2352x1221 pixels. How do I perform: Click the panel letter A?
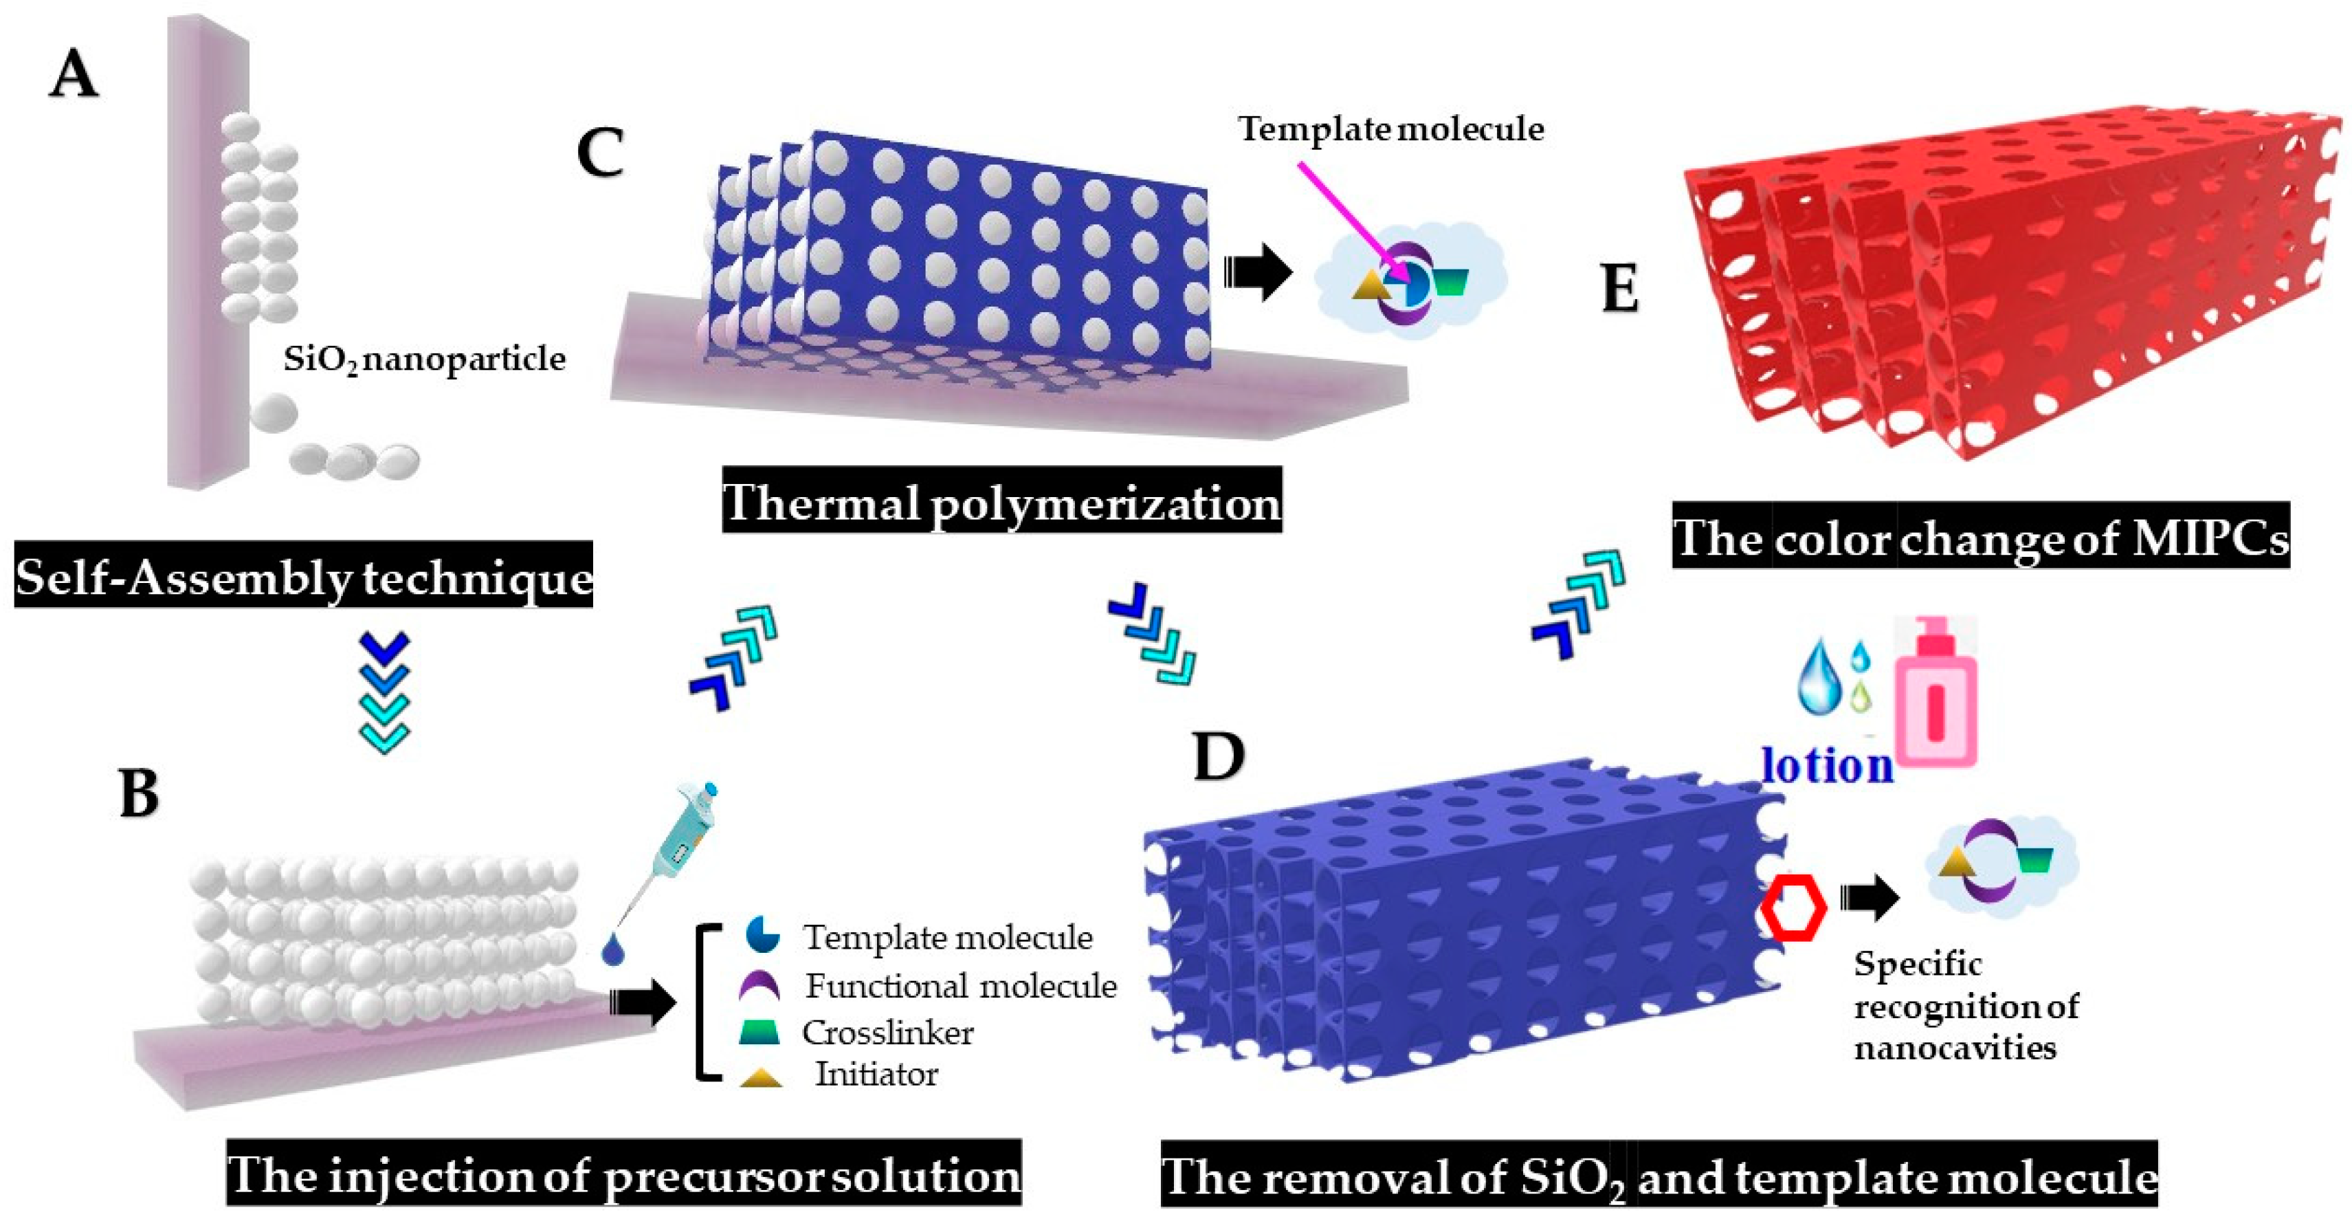[73, 75]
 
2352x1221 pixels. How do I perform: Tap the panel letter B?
[139, 793]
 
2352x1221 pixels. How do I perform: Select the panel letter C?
[601, 153]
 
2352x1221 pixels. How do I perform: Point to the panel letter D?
[1219, 756]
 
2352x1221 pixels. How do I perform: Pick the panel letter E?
[1621, 290]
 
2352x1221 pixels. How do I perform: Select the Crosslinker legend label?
[887, 1033]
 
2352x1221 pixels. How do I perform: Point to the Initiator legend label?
[876, 1074]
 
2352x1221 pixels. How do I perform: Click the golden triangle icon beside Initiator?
[761, 1077]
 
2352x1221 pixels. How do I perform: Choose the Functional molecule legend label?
[960, 987]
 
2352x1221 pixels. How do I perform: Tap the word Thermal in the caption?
[822, 503]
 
